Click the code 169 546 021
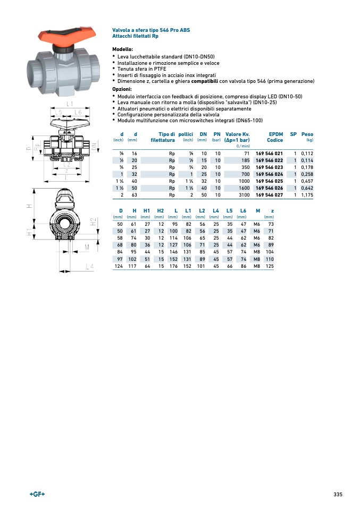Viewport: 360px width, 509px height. click(270, 154)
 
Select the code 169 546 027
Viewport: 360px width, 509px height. click(270, 195)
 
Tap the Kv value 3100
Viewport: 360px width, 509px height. click(244, 195)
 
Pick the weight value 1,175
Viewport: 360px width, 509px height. click(307, 195)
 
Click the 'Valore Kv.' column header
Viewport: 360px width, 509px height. click(237, 134)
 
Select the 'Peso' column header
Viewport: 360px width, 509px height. click(307, 134)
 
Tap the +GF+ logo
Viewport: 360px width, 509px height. click(37, 494)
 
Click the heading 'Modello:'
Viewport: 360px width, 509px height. click(122, 49)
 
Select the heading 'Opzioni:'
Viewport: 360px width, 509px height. click(122, 90)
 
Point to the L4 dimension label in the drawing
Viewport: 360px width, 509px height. click(90, 266)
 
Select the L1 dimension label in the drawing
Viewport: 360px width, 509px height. click(70, 103)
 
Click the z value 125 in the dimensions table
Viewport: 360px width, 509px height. click(270, 266)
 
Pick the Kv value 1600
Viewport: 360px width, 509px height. click(244, 188)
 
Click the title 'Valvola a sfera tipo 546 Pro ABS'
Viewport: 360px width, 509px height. click(151, 30)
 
